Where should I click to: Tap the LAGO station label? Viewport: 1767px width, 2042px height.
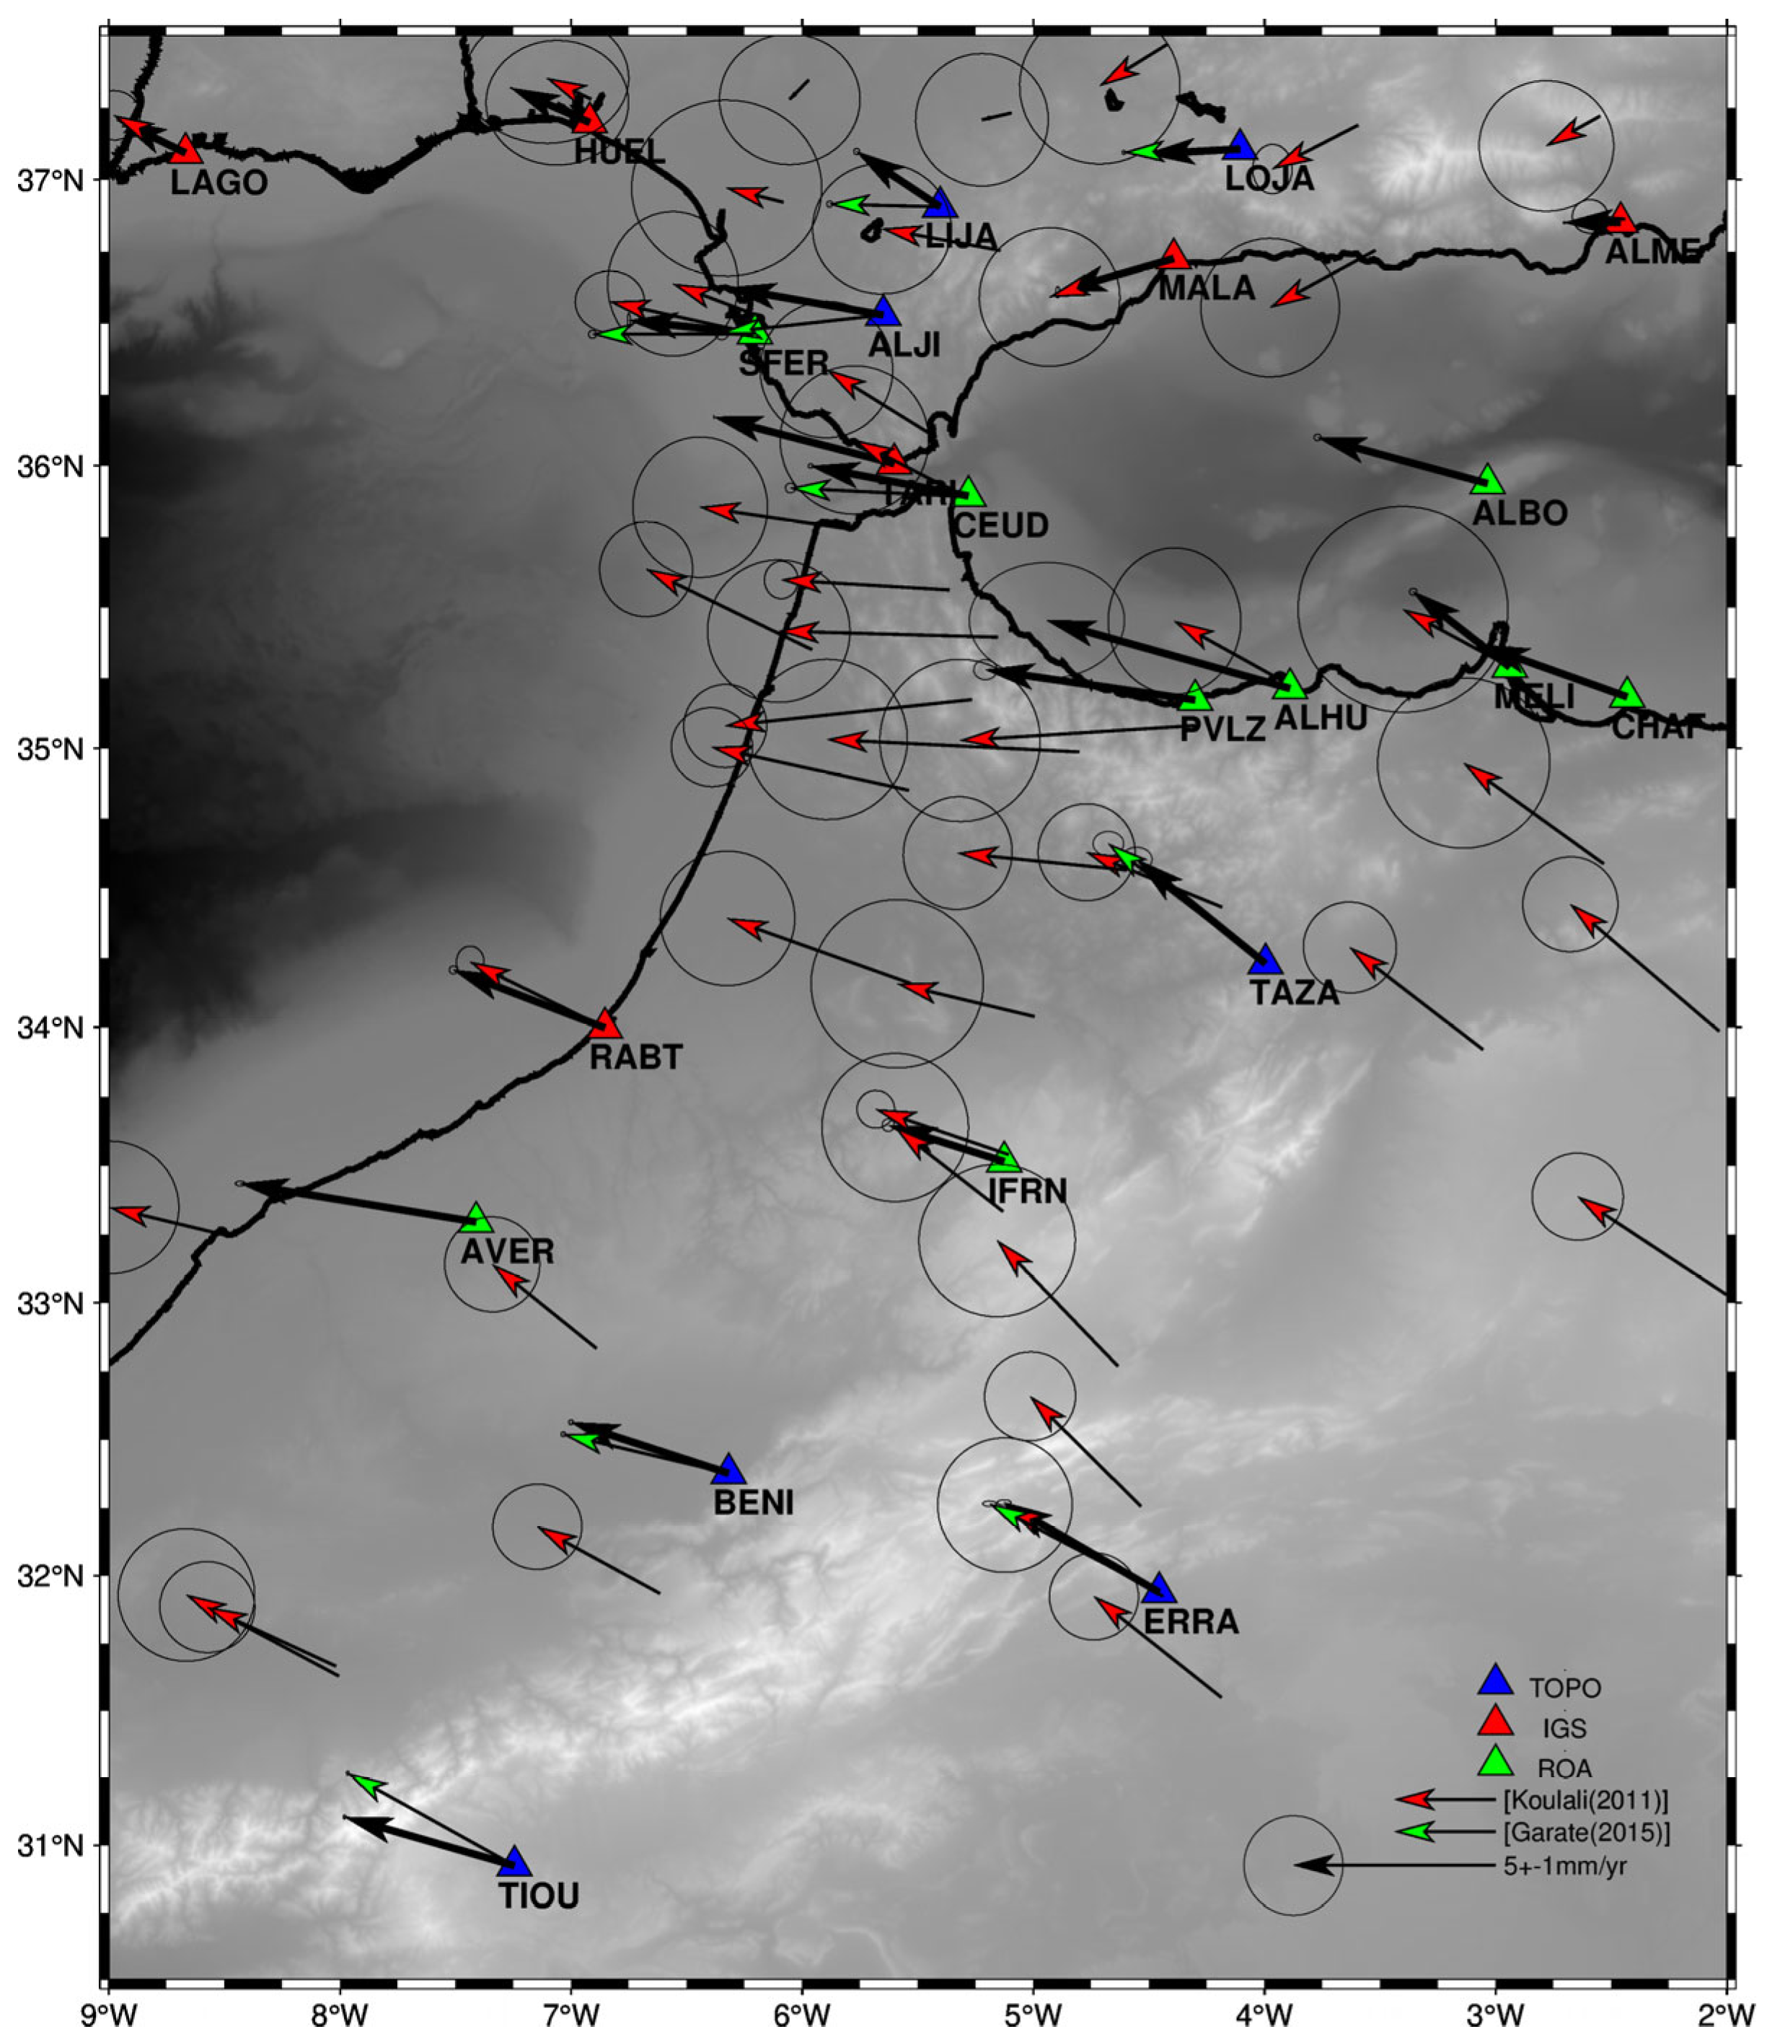tap(219, 183)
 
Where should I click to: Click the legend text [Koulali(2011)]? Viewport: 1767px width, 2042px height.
tap(1585, 1800)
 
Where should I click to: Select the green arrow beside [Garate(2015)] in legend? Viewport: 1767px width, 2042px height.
tap(1416, 1832)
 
